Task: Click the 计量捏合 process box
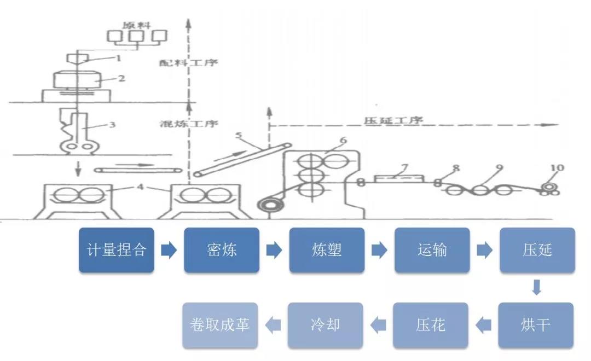(117, 250)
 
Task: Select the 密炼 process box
(222, 250)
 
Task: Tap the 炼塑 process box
(327, 250)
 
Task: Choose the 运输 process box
(432, 250)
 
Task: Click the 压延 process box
(537, 250)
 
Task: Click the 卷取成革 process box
(221, 325)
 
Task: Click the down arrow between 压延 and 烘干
(537, 287)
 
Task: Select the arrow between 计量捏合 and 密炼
(169, 251)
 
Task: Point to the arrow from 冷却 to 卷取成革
(273, 325)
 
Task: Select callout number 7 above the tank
(404, 166)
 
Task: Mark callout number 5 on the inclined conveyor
(239, 133)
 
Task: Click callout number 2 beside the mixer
(121, 78)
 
